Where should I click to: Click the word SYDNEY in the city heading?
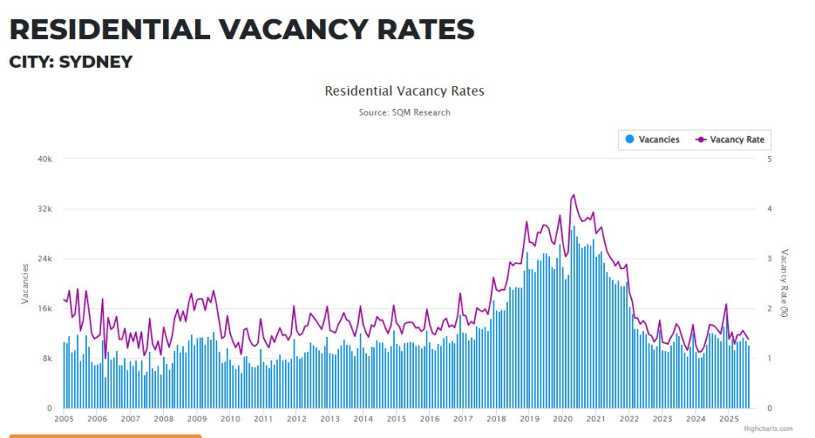96,61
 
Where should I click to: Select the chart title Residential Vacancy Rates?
404,91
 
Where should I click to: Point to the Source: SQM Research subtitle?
404,112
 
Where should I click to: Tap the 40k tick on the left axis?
45,159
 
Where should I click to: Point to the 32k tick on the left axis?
45,209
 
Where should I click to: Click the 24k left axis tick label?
45,259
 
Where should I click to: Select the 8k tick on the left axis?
47,358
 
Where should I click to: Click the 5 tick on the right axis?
769,159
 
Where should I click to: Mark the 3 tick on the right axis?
769,259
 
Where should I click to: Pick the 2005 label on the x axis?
64,419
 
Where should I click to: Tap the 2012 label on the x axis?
296,419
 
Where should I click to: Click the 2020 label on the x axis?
563,419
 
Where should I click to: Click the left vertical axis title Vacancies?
25,284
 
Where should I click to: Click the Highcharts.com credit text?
768,428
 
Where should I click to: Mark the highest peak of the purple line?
574,194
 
